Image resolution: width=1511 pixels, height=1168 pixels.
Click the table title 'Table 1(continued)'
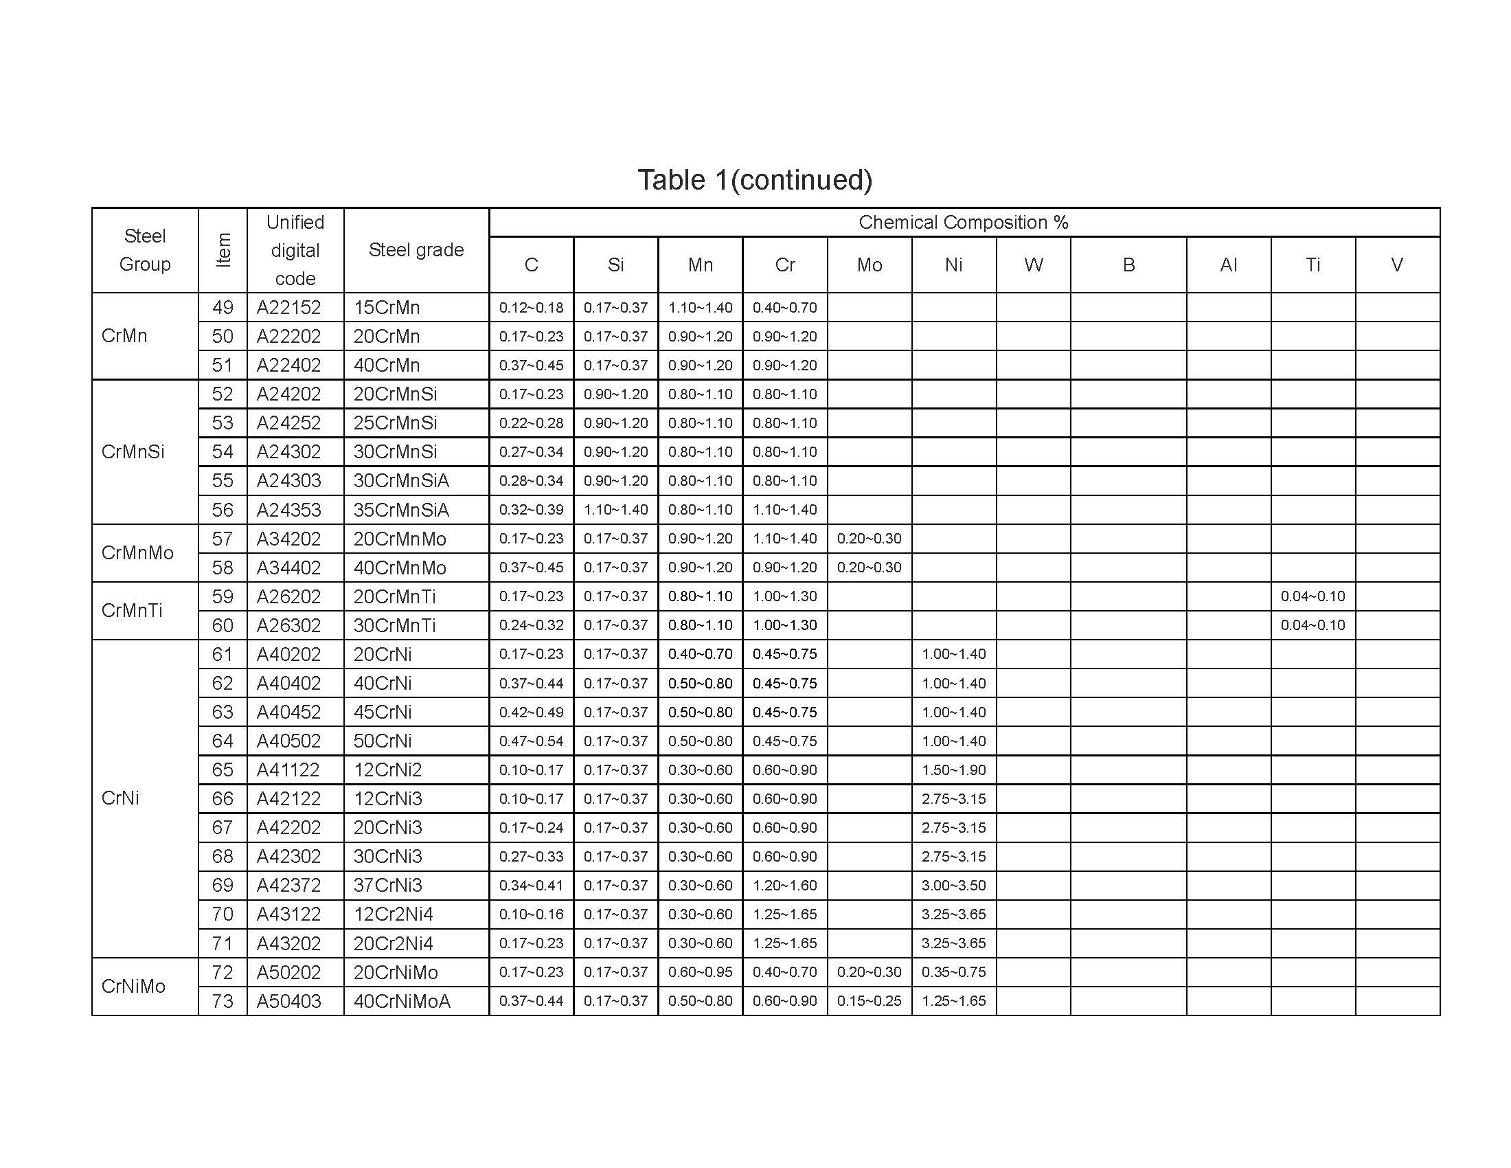755,180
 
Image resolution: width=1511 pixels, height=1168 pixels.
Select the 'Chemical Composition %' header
963,222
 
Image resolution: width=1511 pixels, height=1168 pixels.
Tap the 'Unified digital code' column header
295,251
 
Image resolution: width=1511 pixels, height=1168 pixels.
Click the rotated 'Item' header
223,250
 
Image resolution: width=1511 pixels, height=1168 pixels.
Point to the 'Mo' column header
869,265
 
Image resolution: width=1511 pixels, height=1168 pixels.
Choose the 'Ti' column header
1313,265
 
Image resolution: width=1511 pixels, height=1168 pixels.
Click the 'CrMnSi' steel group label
133,452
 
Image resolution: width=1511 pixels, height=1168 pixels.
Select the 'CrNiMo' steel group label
133,986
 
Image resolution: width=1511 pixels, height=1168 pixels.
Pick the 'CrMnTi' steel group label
131,610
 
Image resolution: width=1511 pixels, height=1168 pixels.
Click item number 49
223,307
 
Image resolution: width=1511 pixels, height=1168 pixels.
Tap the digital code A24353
288,510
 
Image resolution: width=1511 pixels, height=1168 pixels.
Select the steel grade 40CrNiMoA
401,1001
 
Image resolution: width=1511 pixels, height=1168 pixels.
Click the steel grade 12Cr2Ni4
393,914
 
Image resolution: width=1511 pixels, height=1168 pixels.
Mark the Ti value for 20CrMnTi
1313,596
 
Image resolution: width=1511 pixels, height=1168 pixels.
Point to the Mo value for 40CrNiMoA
869,1001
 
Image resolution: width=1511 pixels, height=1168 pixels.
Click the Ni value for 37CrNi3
953,886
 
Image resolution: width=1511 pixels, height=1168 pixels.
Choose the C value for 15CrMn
531,308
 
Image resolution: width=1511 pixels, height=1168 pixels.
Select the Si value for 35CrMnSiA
615,510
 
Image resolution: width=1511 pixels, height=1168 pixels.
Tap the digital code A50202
288,972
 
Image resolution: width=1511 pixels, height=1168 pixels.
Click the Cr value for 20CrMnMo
784,539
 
